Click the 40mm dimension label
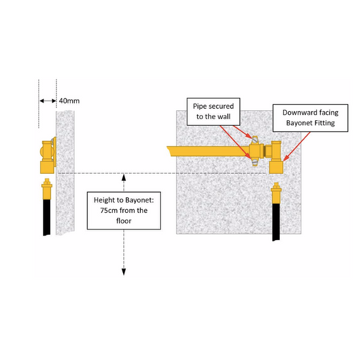click(69, 100)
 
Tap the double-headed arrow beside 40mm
click(48, 100)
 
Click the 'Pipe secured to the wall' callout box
click(214, 112)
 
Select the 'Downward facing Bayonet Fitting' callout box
click(310, 118)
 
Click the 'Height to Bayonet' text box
click(124, 211)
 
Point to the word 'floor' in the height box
click(124, 221)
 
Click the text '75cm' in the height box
click(109, 211)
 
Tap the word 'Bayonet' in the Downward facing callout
click(296, 123)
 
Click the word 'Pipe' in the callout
click(199, 106)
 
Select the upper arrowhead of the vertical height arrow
click(124, 178)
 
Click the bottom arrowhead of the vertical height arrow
click(124, 272)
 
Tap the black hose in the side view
click(46, 217)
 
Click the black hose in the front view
click(276, 222)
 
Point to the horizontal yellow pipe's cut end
click(169, 151)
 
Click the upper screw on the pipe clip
click(254, 140)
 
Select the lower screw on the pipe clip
click(254, 162)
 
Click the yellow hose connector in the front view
click(276, 193)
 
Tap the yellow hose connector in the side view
click(46, 189)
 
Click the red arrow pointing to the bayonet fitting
click(297, 146)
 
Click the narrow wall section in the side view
click(65, 173)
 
